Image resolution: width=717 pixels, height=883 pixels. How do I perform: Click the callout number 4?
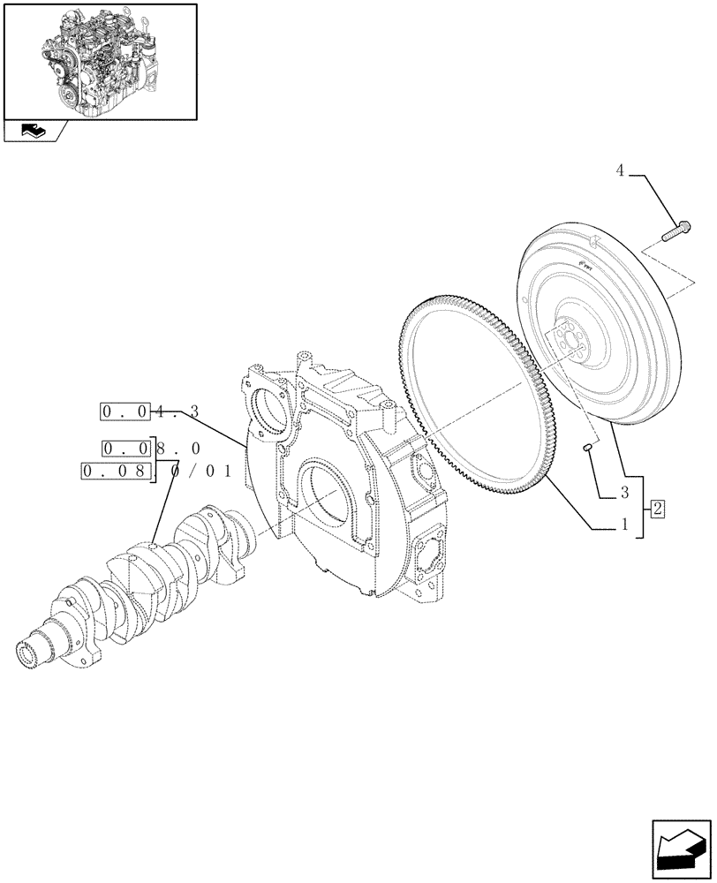620,171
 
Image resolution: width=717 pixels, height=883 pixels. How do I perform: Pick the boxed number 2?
658,507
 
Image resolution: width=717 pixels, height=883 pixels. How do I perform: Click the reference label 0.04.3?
150,411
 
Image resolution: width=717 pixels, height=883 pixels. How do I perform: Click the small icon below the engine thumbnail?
34,132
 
